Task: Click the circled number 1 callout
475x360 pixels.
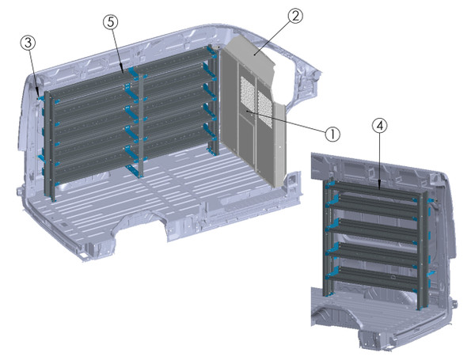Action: click(x=333, y=134)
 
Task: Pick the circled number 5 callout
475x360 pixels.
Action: click(x=111, y=22)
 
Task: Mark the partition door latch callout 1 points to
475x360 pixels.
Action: click(x=248, y=116)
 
